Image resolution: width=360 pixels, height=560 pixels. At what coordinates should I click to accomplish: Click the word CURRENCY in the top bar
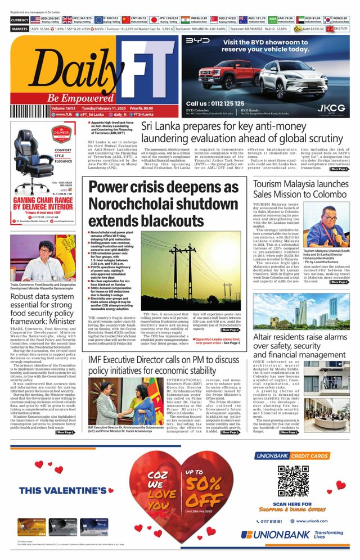(19, 20)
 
